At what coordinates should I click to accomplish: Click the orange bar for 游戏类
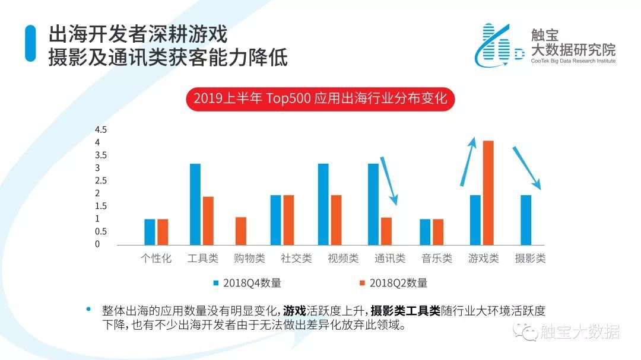point(488,192)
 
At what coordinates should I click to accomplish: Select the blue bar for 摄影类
point(525,219)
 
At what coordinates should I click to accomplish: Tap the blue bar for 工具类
point(195,203)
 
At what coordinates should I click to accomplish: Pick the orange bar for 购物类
point(240,231)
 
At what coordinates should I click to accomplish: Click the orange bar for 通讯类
point(386,231)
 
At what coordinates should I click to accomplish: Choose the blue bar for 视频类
point(323,203)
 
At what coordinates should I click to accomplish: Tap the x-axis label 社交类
point(296,259)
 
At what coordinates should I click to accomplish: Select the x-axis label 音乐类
point(437,259)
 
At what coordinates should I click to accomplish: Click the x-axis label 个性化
point(156,259)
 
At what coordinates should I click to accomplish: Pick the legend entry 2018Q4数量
point(247,283)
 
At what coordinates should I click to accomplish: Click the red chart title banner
point(320,98)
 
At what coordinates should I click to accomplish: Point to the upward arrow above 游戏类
point(468,161)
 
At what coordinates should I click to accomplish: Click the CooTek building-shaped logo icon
point(496,44)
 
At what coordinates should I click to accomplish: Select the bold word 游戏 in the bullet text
point(294,311)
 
